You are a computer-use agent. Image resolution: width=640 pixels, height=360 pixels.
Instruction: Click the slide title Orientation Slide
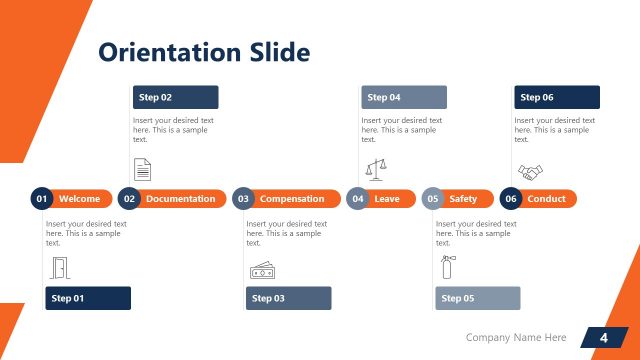point(203,52)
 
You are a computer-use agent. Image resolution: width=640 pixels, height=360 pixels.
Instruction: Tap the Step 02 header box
point(175,97)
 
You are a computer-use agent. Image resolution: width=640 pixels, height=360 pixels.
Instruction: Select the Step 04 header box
point(403,97)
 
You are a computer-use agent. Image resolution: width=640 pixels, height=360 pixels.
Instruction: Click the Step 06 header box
point(557,97)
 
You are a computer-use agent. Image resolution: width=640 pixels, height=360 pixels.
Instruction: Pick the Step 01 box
point(88,298)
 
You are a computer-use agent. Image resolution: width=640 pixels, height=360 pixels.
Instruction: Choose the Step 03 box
point(288,298)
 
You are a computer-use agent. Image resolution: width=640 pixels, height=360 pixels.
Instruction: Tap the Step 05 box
point(478,298)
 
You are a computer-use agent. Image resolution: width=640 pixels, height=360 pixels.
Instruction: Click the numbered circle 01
point(42,199)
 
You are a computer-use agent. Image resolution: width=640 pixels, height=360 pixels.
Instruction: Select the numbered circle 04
point(358,199)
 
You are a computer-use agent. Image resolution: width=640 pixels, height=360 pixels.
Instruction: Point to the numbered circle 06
point(511,199)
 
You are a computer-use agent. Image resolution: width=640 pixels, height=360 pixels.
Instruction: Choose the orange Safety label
point(463,199)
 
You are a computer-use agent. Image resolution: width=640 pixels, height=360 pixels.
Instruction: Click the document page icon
point(143,169)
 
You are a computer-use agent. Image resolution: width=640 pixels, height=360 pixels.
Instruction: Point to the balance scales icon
point(375,168)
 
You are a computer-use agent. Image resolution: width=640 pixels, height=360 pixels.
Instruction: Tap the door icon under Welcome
point(59,267)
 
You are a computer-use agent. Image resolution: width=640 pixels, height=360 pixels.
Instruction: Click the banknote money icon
point(261,270)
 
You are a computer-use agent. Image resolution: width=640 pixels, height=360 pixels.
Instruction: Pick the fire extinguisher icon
point(447,266)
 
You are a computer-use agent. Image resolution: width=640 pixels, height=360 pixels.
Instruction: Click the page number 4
point(603,338)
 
